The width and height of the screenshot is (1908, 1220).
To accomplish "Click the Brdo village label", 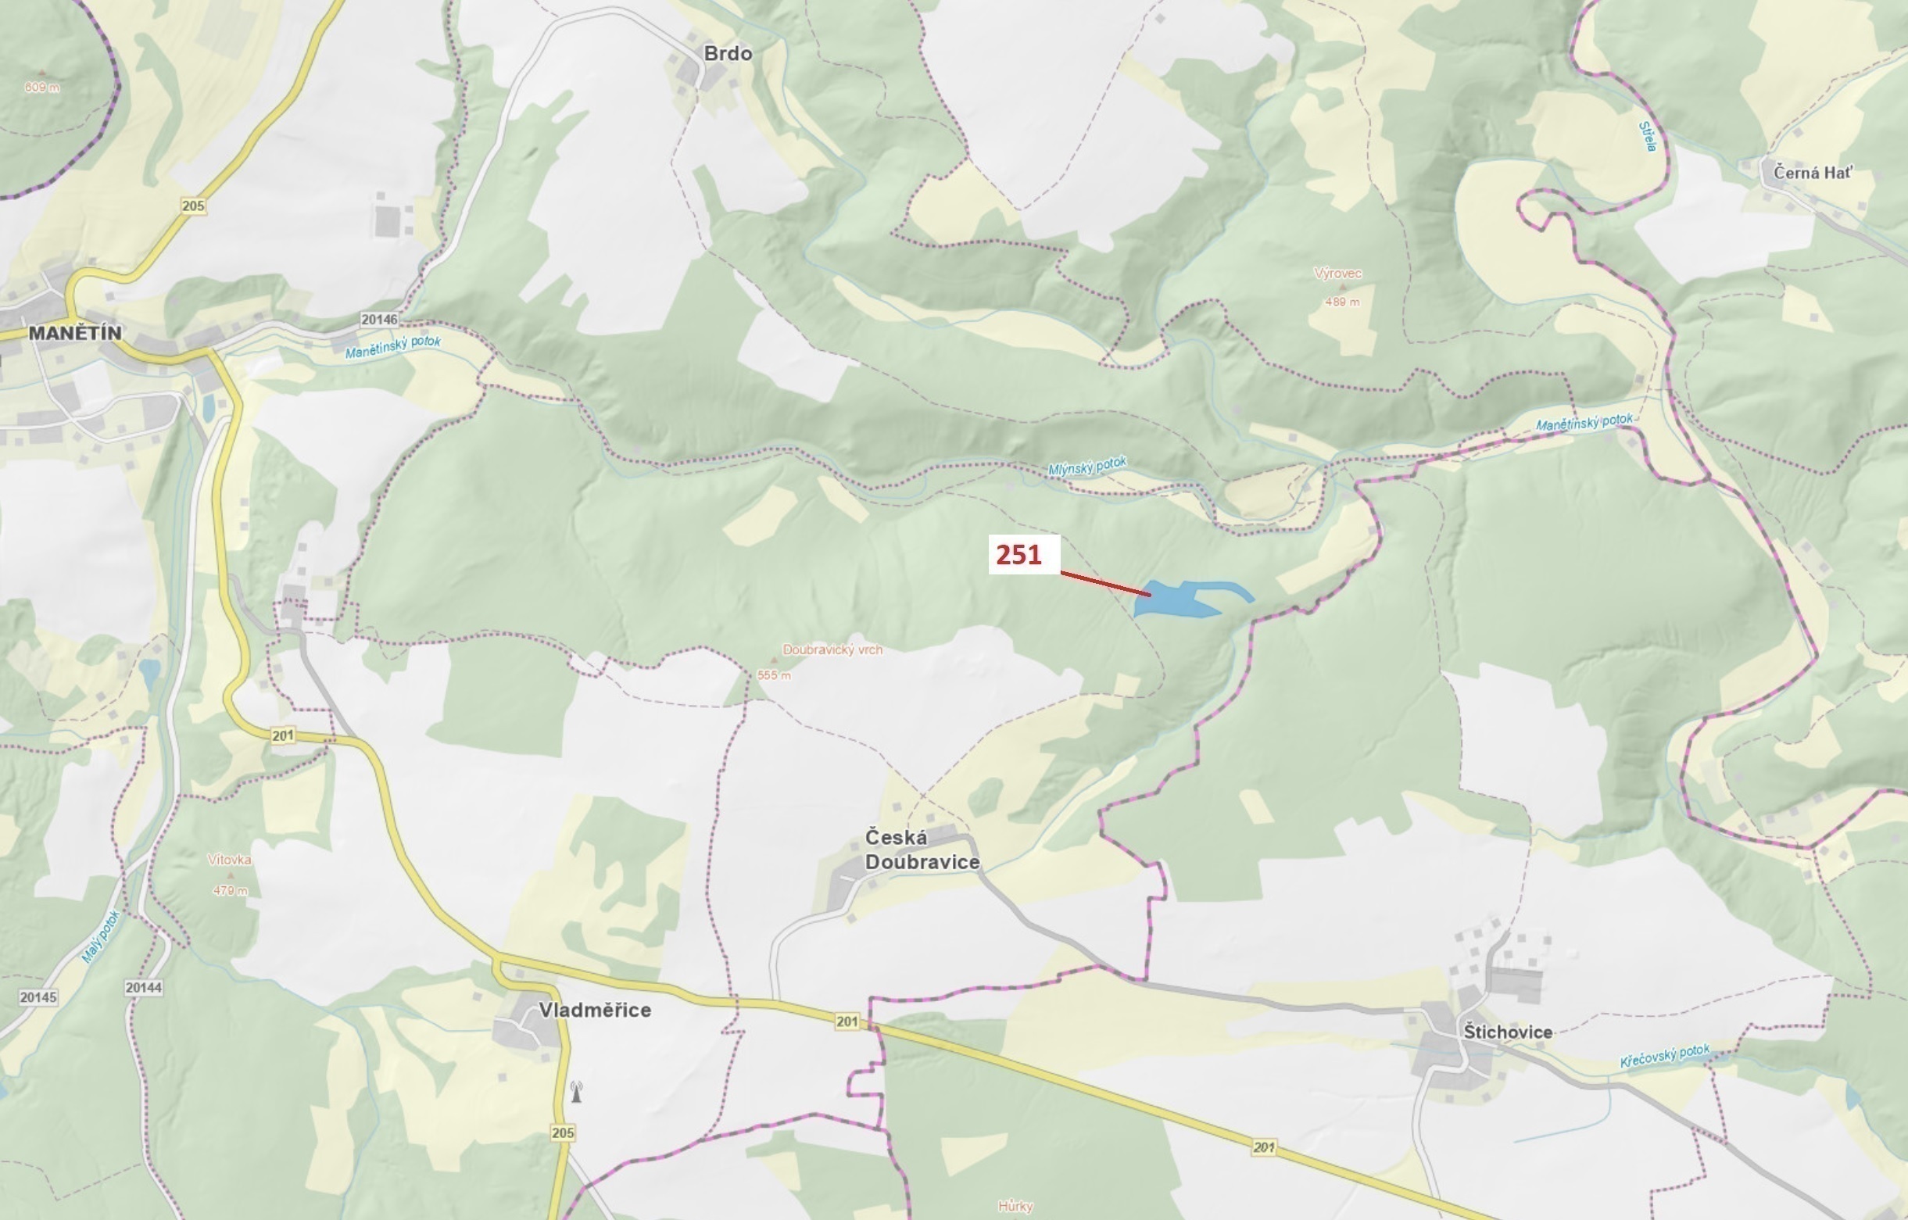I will point(728,53).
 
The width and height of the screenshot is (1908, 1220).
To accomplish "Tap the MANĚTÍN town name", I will point(75,333).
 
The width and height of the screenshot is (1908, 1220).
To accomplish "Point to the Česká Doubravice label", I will point(922,850).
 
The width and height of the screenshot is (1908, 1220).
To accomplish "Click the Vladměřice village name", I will point(594,1010).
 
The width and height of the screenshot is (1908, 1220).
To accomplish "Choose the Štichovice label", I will point(1507,1032).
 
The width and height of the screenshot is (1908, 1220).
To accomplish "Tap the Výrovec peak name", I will point(1337,274).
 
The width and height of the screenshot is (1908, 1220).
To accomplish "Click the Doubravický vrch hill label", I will point(832,649).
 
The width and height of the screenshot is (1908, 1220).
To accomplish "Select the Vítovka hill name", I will point(230,860).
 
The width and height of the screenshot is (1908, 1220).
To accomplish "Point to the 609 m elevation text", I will point(41,88).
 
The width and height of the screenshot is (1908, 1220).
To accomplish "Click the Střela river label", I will point(1648,136).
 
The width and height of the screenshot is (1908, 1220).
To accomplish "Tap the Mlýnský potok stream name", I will point(1087,466).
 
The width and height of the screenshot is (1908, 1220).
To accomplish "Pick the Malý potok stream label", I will point(101,936).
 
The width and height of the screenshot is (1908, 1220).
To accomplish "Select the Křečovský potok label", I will point(1664,1056).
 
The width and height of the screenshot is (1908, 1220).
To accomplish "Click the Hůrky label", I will point(1015,1206).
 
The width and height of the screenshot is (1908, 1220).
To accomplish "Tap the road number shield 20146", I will point(379,319).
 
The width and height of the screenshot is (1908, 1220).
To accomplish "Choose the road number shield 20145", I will point(38,996).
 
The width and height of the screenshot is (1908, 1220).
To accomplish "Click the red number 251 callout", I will point(1019,555).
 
